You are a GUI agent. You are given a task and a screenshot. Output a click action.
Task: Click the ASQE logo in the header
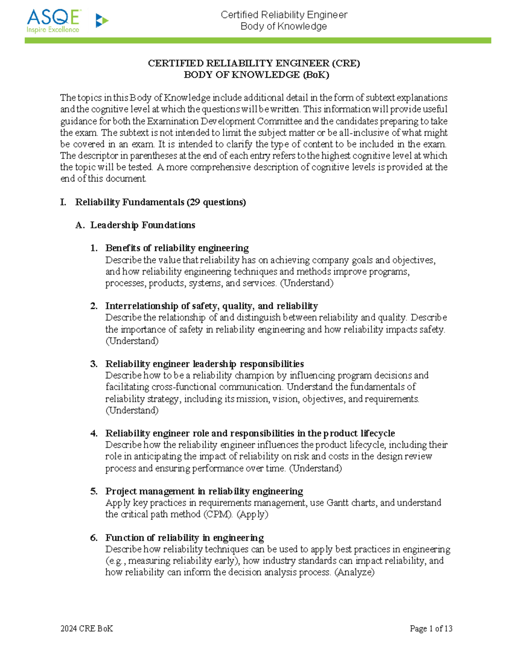pyautogui.click(x=53, y=21)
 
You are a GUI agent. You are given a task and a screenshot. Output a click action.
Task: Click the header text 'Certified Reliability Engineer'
pyautogui.click(x=284, y=15)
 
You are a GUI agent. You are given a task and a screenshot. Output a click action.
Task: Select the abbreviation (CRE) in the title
pyautogui.click(x=346, y=63)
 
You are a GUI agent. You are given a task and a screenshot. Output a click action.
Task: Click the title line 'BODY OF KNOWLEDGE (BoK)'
pyautogui.click(x=256, y=75)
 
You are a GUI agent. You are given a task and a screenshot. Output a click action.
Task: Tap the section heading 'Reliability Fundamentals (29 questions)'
pyautogui.click(x=160, y=202)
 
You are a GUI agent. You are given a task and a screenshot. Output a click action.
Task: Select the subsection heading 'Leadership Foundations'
pyautogui.click(x=142, y=225)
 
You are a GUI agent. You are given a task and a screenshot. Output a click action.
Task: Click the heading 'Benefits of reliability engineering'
pyautogui.click(x=177, y=248)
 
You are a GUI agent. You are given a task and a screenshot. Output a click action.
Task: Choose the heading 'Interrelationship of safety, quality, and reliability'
pyautogui.click(x=212, y=306)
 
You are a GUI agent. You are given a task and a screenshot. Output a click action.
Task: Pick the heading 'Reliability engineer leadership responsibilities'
pyautogui.click(x=204, y=364)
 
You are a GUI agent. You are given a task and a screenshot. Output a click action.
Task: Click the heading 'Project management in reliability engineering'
pyautogui.click(x=204, y=491)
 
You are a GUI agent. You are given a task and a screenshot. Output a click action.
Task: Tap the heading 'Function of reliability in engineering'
pyautogui.click(x=184, y=537)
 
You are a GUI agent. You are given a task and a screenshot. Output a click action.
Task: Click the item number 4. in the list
pyautogui.click(x=94, y=434)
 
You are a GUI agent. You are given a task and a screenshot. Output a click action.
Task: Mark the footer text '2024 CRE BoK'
pyautogui.click(x=87, y=629)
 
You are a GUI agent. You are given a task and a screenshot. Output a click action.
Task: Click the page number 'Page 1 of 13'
pyautogui.click(x=431, y=629)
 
